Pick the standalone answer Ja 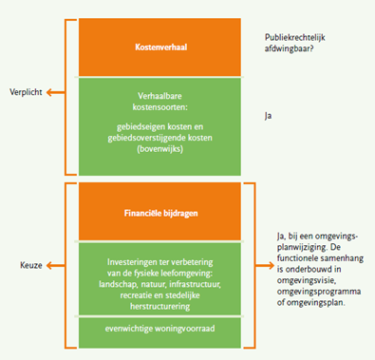point(270,114)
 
